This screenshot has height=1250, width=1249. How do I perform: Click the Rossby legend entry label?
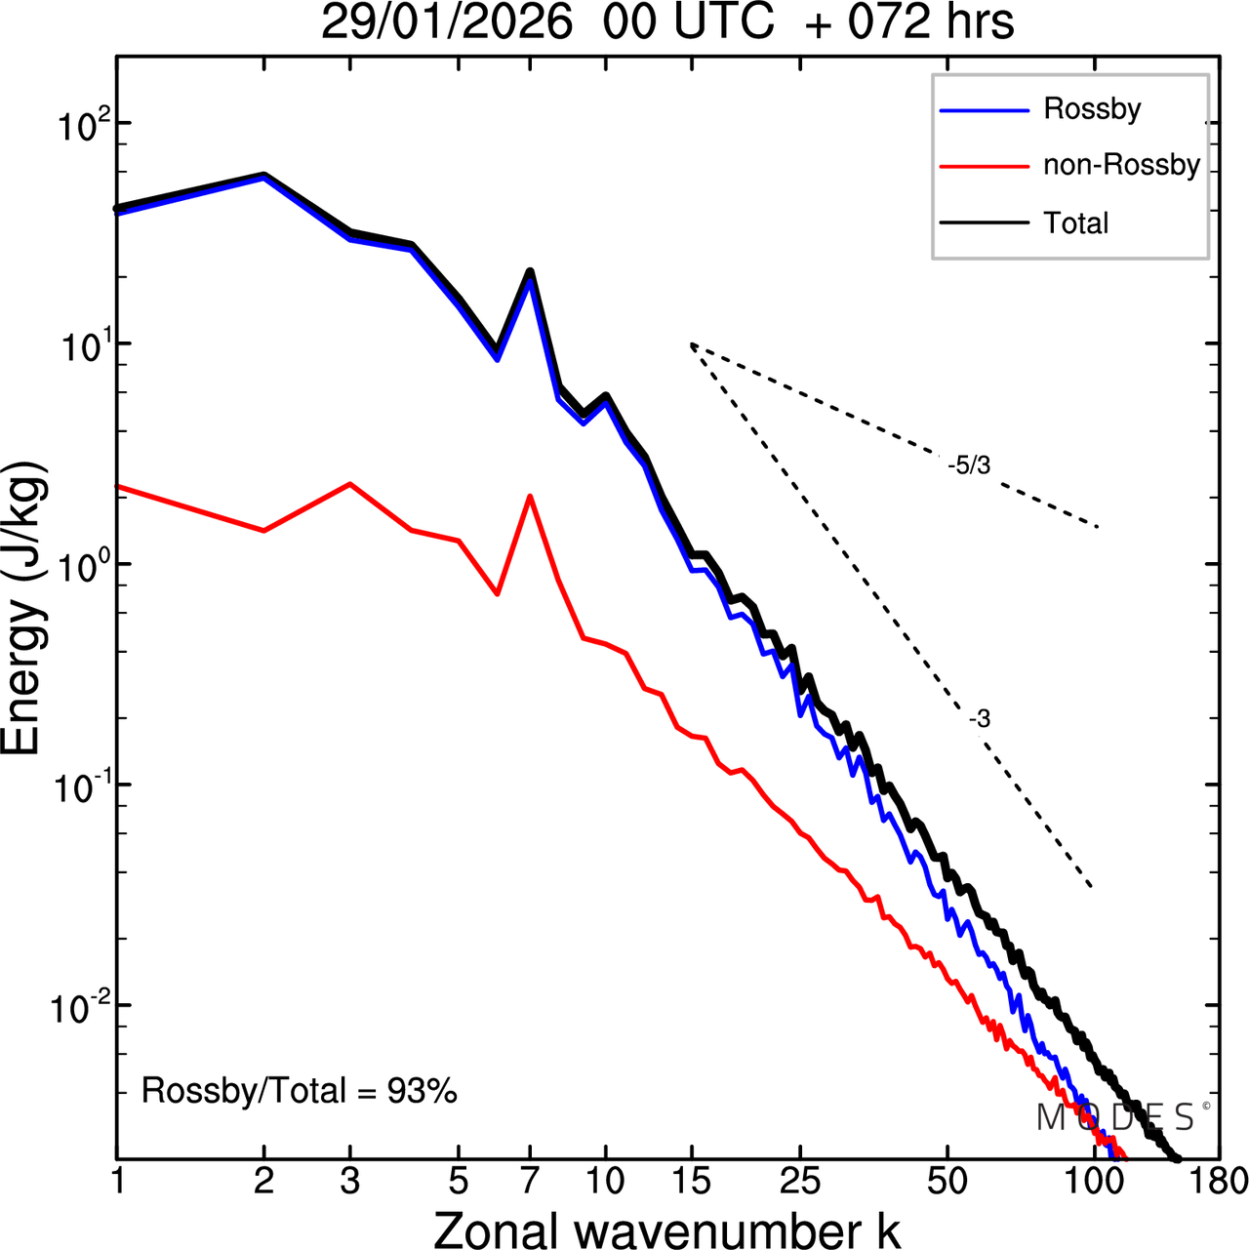click(1092, 108)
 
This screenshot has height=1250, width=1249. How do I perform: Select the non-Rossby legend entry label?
click(1121, 165)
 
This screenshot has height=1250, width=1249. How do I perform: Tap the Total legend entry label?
click(1076, 223)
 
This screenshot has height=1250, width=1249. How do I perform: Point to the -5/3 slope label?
click(969, 466)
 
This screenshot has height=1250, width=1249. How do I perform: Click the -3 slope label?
click(980, 719)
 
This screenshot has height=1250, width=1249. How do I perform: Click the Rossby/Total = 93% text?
click(300, 1090)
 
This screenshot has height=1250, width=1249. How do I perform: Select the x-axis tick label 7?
click(530, 1181)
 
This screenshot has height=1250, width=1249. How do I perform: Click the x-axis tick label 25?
click(800, 1181)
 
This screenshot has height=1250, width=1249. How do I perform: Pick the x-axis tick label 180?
click(1219, 1181)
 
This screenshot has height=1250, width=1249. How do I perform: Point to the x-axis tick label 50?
click(947, 1181)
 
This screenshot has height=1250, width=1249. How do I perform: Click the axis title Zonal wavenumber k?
click(667, 1229)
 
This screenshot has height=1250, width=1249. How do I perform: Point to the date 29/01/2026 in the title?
click(447, 22)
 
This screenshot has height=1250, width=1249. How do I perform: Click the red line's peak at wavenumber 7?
click(530, 496)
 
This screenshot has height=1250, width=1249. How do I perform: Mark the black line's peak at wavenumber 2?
click(263, 176)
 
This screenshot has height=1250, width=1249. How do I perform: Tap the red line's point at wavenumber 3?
click(349, 484)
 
